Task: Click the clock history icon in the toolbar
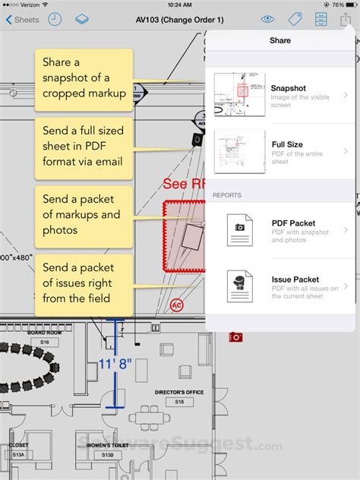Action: [55, 20]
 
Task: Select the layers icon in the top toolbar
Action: [82, 20]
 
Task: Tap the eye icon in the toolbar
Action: [267, 20]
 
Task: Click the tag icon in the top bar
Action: [295, 20]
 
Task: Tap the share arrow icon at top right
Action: [346, 19]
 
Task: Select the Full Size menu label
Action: [287, 144]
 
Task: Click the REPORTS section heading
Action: [227, 195]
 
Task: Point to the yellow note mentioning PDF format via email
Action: [84, 144]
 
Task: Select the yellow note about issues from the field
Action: [84, 283]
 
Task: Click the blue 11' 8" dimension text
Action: [115, 364]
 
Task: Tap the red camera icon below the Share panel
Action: [235, 336]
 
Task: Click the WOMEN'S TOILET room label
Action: [104, 445]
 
